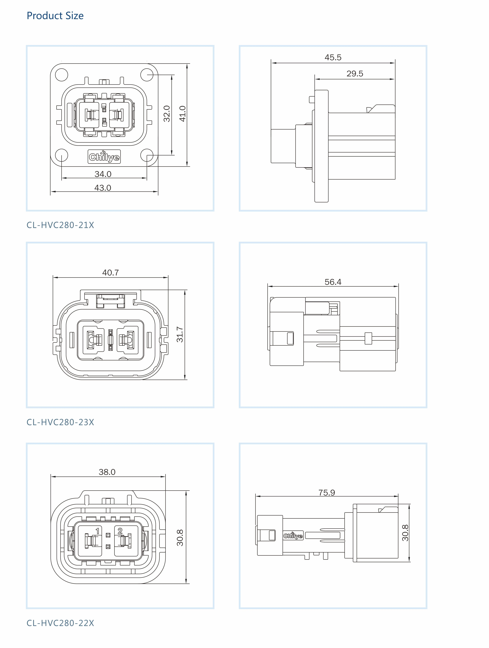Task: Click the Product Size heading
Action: (55, 16)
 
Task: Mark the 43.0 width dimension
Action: (103, 188)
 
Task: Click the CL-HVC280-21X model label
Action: (60, 225)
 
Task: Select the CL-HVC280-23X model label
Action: (60, 422)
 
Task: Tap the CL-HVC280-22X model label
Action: (60, 623)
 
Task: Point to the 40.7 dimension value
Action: (110, 273)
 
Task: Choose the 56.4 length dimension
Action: (333, 282)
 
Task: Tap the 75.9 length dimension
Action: (327, 493)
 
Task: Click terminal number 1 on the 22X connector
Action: (97, 531)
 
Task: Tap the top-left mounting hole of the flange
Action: (61, 75)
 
